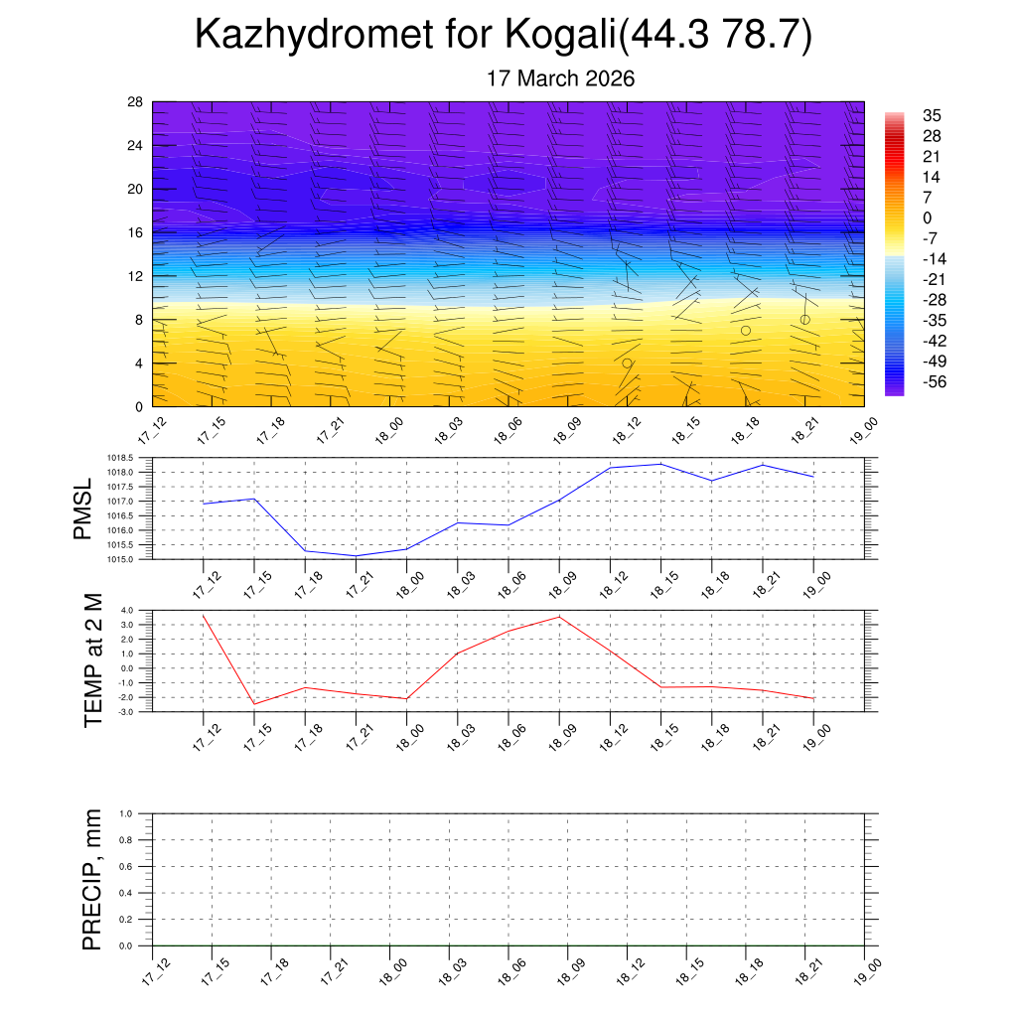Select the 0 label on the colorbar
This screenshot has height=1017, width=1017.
pos(927,218)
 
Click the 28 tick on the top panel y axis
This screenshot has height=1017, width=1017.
pos(135,101)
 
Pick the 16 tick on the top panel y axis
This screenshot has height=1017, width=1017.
pos(135,232)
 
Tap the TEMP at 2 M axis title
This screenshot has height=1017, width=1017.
pos(93,660)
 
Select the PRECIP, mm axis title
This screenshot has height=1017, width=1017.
pos(93,879)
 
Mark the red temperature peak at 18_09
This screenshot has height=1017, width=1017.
pos(559,617)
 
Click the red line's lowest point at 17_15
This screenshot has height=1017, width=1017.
pos(254,704)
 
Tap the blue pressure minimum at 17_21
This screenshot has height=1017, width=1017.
pos(356,555)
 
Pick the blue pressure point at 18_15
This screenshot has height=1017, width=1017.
pos(660,464)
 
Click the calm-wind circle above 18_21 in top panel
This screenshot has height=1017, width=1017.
pos(804,319)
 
